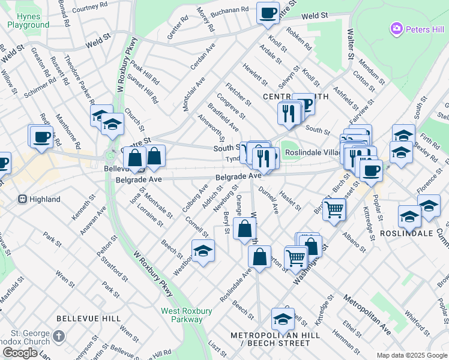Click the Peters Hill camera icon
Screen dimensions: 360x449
pyautogui.click(x=396, y=28)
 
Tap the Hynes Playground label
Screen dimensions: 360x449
pyautogui.click(x=28, y=20)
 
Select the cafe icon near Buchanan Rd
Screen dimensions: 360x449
pyautogui.click(x=268, y=12)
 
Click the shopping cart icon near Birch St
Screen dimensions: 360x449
pyautogui.click(x=334, y=209)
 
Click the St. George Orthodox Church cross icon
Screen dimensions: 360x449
pyautogui.click(x=58, y=337)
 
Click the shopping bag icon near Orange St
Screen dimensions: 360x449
pyautogui.click(x=245, y=229)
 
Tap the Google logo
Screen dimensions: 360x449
pyautogui.click(x=20, y=353)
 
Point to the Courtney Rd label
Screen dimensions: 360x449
pyautogui.click(x=89, y=6)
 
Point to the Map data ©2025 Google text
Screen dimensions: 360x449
pyautogui.click(x=411, y=355)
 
